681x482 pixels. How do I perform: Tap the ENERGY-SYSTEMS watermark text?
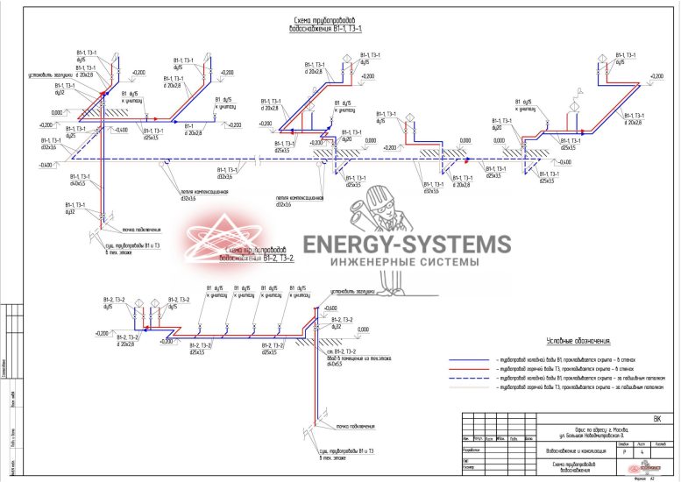pyautogui.click(x=406, y=245)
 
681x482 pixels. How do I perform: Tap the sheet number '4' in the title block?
pyautogui.click(x=642, y=451)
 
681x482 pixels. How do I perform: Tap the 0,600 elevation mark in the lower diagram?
pyautogui.click(x=330, y=308)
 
